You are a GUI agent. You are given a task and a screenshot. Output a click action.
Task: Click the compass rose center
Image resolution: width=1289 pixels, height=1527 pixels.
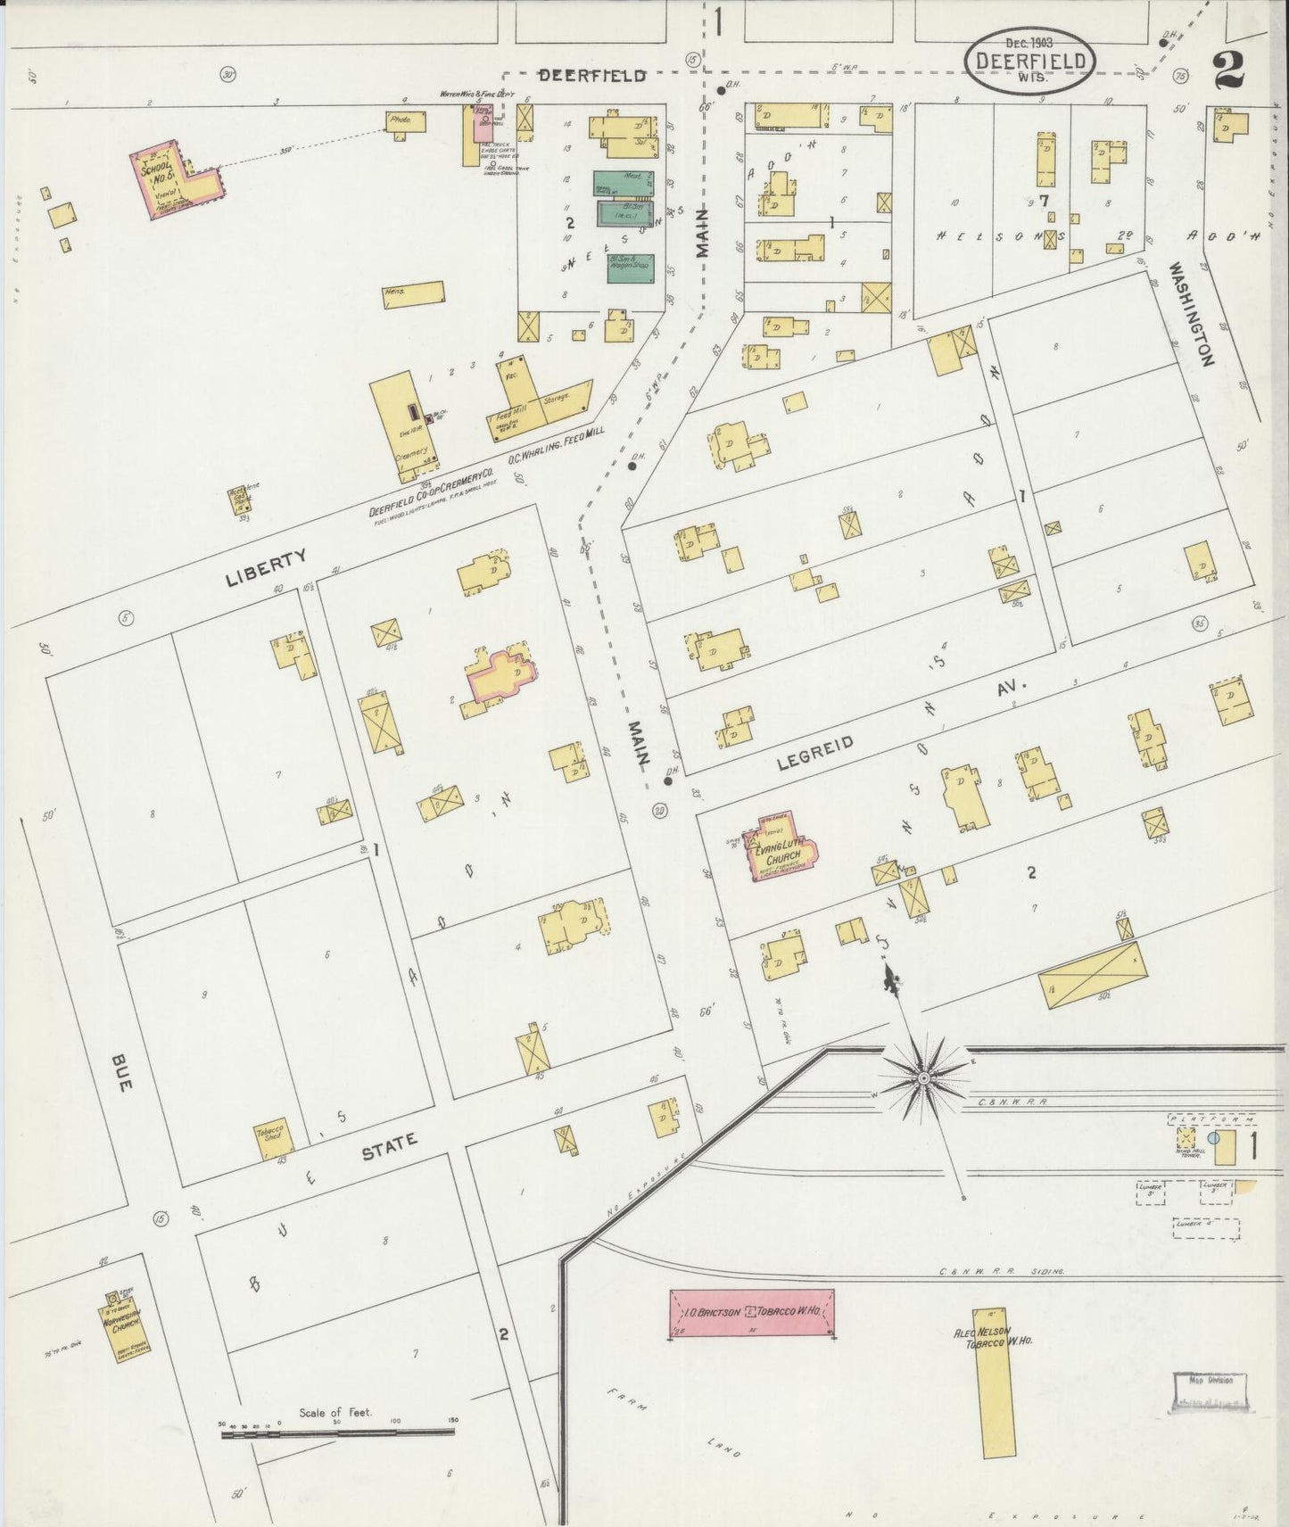925,1079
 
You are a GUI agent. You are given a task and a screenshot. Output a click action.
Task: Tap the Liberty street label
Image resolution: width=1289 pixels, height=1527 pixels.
267,568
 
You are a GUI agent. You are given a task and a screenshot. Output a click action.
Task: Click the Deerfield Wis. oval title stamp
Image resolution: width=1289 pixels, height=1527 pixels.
1030,60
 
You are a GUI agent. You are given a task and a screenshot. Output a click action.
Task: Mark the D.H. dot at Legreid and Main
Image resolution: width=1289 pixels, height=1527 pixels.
668,781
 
